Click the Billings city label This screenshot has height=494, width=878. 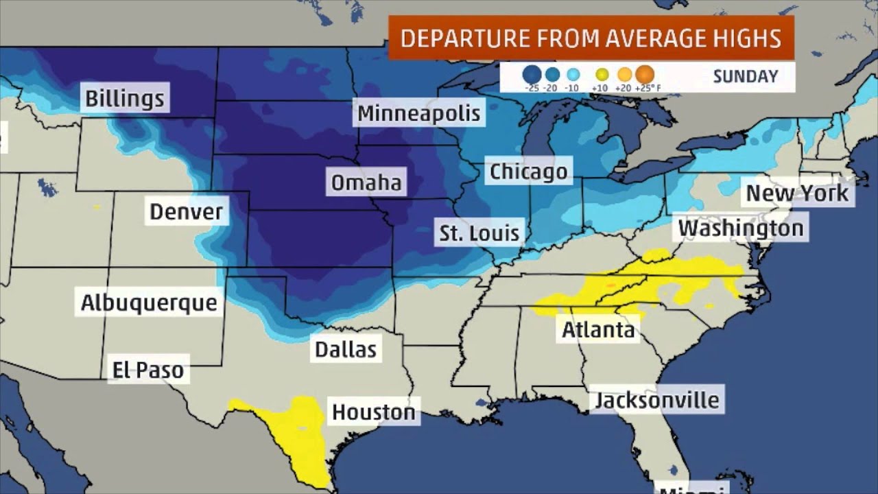click(x=125, y=98)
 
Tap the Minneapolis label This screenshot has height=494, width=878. click(x=418, y=113)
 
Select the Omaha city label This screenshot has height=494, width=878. click(x=366, y=183)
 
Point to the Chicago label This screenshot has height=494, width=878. click(x=528, y=172)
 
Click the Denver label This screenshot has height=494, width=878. click(x=187, y=211)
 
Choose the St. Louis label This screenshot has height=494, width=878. click(x=479, y=233)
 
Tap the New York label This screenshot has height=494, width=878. click(x=797, y=193)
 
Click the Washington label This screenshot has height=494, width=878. click(x=740, y=228)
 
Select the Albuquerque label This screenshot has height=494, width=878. click(x=149, y=303)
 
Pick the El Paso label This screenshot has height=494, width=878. click(x=149, y=370)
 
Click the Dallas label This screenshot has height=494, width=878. click(x=346, y=349)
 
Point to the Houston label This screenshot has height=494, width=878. click(x=374, y=412)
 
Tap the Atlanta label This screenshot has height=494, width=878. click(x=598, y=330)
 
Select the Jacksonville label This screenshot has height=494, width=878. click(x=656, y=400)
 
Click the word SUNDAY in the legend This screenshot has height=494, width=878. click(x=745, y=76)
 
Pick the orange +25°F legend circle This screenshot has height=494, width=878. click(x=645, y=73)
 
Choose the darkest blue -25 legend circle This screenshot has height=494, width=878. click(x=532, y=74)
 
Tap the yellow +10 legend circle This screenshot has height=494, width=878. click(x=602, y=74)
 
